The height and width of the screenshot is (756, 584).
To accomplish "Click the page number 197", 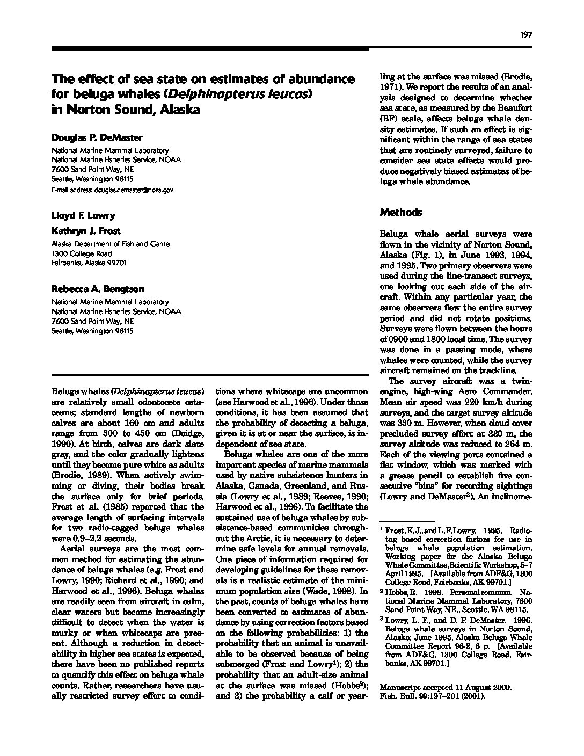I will click(525, 35).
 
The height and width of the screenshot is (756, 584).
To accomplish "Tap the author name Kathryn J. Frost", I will click(86, 231).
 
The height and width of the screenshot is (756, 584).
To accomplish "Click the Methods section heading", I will click(401, 213).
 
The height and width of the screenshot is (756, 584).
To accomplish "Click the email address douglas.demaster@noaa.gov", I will click(134, 190).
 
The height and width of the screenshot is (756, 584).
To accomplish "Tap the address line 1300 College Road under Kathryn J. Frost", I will click(82, 253).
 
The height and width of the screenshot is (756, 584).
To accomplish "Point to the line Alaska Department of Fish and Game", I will click(110, 244).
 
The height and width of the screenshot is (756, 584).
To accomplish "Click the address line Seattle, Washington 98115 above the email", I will click(92, 179).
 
